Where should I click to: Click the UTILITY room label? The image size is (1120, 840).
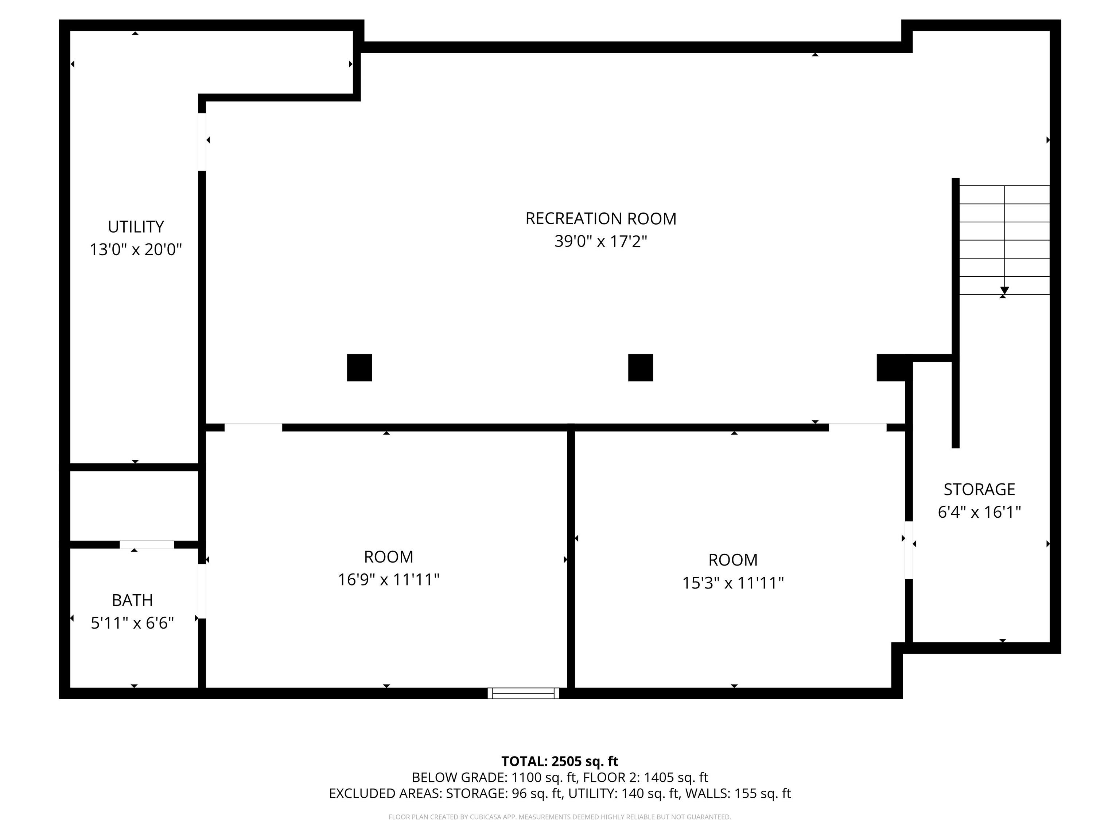click(136, 226)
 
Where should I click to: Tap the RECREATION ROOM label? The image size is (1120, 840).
click(600, 218)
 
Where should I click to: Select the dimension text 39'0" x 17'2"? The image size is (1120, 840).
click(600, 241)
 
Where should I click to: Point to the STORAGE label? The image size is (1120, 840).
click(979, 489)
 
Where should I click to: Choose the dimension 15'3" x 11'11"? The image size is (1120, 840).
click(733, 583)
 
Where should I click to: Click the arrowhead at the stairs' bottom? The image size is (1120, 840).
click(1004, 291)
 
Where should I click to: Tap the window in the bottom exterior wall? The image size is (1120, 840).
click(524, 693)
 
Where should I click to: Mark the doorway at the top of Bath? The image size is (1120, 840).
click(147, 544)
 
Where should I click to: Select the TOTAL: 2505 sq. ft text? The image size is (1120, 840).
click(560, 761)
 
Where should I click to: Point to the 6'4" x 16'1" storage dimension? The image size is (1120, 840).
click(979, 512)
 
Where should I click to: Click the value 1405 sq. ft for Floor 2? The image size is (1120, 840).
click(676, 777)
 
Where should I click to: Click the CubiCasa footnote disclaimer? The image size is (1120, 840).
click(560, 817)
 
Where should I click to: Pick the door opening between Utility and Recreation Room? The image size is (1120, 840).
click(202, 142)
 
